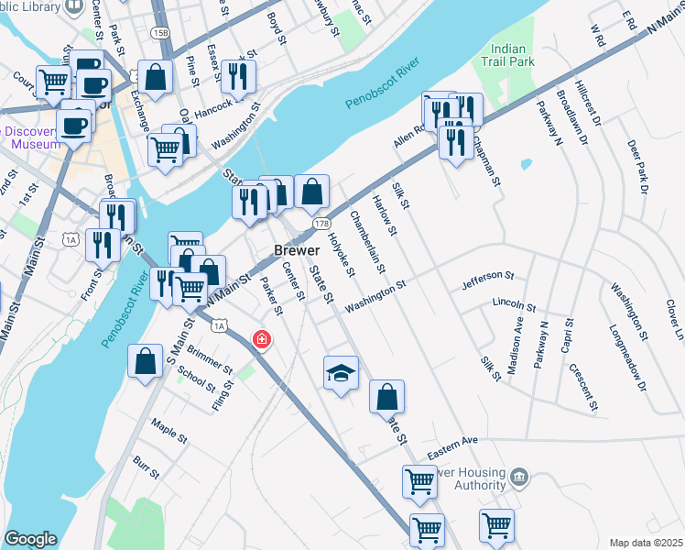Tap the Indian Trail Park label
point(508,57)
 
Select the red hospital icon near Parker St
point(262,340)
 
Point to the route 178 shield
point(321,224)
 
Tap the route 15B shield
point(161,32)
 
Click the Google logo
point(30,539)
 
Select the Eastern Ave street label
point(457,441)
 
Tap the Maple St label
point(169,428)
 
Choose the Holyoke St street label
point(341,253)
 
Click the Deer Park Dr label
point(637,167)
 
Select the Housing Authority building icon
point(519,476)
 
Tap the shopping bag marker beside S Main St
point(146,360)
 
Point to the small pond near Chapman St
point(526,165)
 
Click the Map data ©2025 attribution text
point(645,542)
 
